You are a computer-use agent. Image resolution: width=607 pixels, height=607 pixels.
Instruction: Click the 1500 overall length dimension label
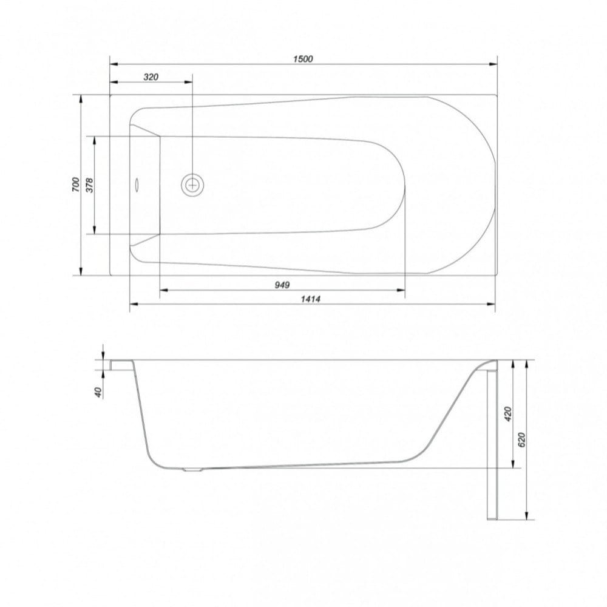point(303,59)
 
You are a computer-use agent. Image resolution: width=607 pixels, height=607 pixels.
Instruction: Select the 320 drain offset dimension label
point(151,77)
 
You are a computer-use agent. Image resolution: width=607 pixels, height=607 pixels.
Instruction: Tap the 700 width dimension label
point(75,185)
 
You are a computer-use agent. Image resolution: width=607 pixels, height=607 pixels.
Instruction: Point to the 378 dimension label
point(89,185)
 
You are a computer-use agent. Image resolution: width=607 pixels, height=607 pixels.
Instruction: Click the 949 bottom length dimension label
point(282,285)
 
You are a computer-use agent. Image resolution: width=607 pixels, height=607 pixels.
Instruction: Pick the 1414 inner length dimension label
point(310,299)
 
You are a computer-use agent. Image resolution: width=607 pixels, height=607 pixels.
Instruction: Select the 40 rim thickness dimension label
point(98,392)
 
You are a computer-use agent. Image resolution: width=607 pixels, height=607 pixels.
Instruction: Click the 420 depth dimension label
point(508,414)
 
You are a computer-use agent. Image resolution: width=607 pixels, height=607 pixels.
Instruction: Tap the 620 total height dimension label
point(522,439)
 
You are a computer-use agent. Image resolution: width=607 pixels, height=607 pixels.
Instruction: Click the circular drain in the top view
point(192,185)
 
